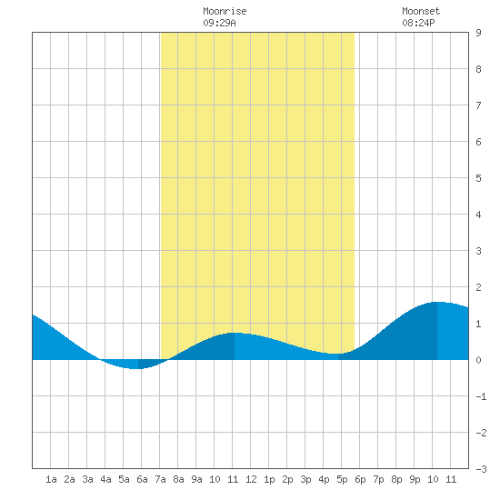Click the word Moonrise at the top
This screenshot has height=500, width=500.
(x=225, y=11)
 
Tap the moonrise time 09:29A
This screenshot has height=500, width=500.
(x=219, y=23)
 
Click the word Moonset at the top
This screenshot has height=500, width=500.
(x=421, y=11)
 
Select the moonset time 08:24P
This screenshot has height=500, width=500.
(x=418, y=23)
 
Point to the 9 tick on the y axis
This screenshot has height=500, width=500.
(x=478, y=33)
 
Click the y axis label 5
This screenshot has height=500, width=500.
(x=478, y=178)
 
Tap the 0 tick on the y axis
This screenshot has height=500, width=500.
(x=478, y=360)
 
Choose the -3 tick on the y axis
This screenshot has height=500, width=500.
(x=481, y=469)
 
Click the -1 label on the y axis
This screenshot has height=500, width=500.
(x=481, y=396)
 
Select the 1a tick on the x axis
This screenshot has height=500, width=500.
(x=51, y=479)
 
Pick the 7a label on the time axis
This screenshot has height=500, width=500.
(x=160, y=479)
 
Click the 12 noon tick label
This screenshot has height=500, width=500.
(x=251, y=479)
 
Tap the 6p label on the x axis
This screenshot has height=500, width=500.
(x=360, y=479)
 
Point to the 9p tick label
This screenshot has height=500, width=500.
(x=415, y=479)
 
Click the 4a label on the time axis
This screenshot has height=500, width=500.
(x=105, y=479)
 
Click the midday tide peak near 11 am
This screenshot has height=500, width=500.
(x=235, y=333)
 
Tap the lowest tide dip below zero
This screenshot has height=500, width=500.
(x=135, y=368)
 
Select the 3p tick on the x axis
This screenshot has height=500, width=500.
(x=305, y=479)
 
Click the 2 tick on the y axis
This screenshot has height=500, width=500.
(x=478, y=287)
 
